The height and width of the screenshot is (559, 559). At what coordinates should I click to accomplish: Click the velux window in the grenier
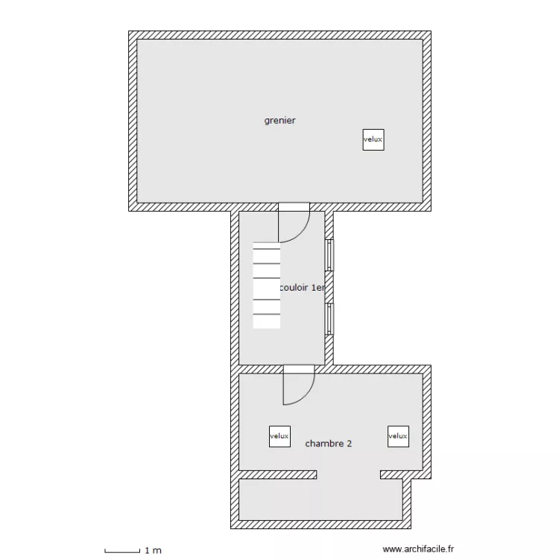point(373,139)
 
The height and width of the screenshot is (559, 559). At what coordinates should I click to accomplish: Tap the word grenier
point(279,121)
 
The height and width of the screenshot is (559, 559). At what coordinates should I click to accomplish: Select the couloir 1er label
point(303,288)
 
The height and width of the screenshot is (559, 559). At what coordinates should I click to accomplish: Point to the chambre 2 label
point(329,443)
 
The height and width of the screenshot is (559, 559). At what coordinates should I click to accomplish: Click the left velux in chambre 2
point(279,436)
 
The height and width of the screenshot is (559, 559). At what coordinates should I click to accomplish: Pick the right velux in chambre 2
point(398,436)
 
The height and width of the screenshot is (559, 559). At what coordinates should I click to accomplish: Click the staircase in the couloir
point(267,285)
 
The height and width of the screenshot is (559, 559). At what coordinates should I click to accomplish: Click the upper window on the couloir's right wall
point(329,255)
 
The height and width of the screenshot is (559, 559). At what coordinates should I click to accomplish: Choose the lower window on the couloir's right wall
point(329,319)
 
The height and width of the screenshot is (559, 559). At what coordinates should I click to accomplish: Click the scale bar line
point(122,552)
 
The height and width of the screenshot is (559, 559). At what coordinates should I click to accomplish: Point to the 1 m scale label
point(153,551)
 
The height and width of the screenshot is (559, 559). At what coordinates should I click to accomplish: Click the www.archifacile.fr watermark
point(418,549)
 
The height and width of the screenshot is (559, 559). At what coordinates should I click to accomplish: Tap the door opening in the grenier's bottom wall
point(294,207)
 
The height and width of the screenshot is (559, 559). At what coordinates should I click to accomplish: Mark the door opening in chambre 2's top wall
point(299,369)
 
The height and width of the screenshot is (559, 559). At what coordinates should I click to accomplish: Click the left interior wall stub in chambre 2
point(278,475)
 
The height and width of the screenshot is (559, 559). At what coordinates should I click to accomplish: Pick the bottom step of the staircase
point(267,321)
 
